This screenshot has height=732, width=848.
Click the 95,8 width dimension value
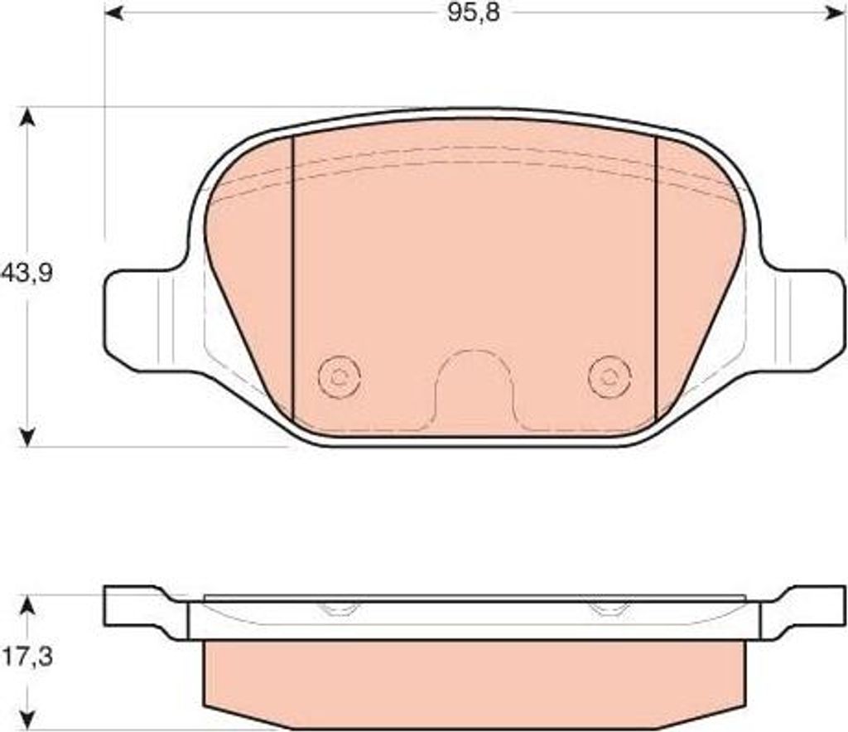474,13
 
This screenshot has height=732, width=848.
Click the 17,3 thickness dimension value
26,657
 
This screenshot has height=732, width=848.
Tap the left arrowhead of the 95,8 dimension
114,13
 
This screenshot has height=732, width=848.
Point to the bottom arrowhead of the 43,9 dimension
27,436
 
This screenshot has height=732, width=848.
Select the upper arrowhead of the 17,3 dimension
27,606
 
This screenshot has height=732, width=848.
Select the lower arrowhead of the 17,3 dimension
27,718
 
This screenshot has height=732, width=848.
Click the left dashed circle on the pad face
340,377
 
